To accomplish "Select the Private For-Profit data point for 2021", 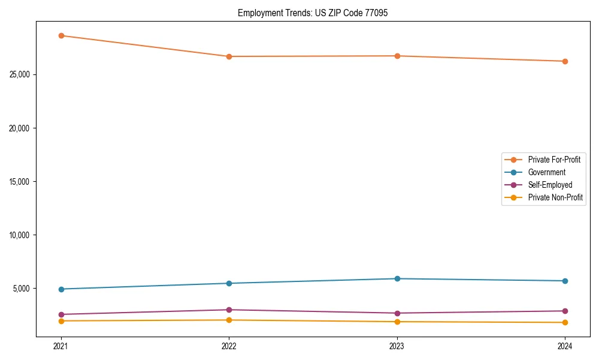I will click(x=61, y=35).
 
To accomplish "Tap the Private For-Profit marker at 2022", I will click(x=229, y=56).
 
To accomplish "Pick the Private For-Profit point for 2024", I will click(x=565, y=61).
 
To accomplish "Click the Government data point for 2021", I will click(x=61, y=289).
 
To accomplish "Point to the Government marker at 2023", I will click(x=397, y=278).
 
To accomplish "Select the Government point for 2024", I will click(x=565, y=281).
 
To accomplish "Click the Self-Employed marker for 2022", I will click(x=229, y=310).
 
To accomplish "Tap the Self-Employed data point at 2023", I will click(x=397, y=313).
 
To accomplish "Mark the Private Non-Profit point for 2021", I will click(x=61, y=321).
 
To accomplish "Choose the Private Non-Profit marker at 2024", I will click(x=565, y=323).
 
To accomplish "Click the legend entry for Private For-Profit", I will click(x=553, y=160).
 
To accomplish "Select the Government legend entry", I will click(x=546, y=172).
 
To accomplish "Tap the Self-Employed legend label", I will click(x=550, y=185).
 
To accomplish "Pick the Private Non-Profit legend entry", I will click(x=555, y=197).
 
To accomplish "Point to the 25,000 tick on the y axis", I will click(x=21, y=75).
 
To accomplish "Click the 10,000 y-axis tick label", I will click(x=21, y=235).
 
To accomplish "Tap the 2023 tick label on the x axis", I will click(x=397, y=346).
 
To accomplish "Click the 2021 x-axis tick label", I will click(x=61, y=346).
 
